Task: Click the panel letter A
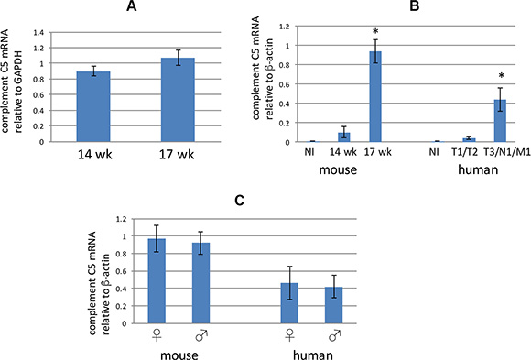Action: (x=132, y=5)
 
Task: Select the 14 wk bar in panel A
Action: (x=93, y=106)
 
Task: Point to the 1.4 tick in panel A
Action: (x=39, y=33)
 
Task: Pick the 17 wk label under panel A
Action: (x=177, y=155)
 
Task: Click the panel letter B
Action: (x=414, y=5)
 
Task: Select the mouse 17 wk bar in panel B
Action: (x=375, y=96)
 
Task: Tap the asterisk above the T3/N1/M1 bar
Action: (x=501, y=76)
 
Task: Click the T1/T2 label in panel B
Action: (x=465, y=152)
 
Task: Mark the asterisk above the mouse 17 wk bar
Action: (x=375, y=32)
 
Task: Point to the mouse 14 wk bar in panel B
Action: (x=344, y=137)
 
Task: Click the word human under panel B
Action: (x=478, y=169)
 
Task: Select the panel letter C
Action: (x=240, y=201)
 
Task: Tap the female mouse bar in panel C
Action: (x=157, y=281)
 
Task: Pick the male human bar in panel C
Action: (x=333, y=305)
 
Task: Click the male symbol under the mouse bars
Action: (x=201, y=335)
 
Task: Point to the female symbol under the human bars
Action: (x=289, y=335)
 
